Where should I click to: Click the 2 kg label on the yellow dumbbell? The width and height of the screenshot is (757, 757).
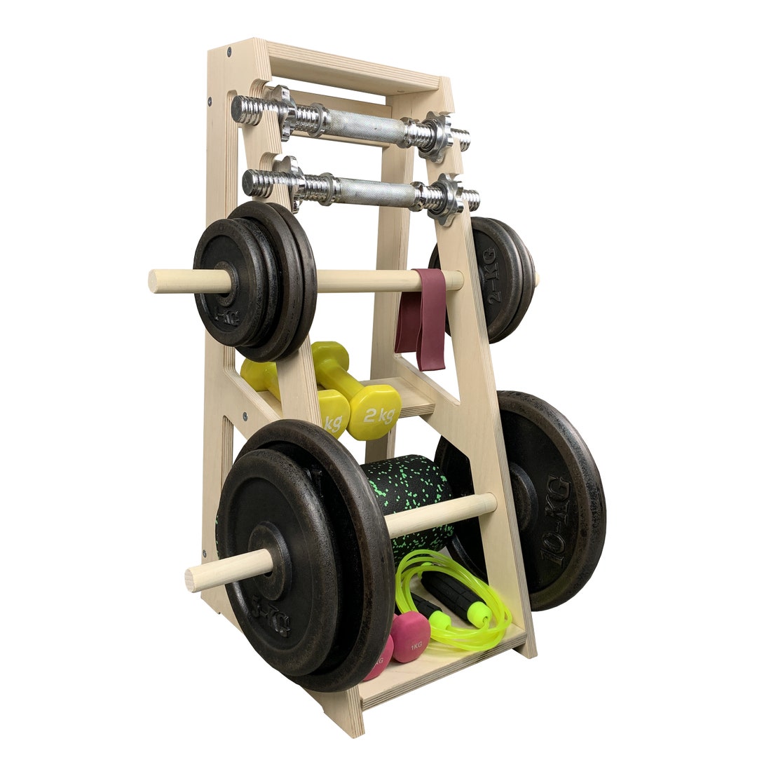tap(378, 415)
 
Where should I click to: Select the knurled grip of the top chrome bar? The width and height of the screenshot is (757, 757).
tap(364, 127)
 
